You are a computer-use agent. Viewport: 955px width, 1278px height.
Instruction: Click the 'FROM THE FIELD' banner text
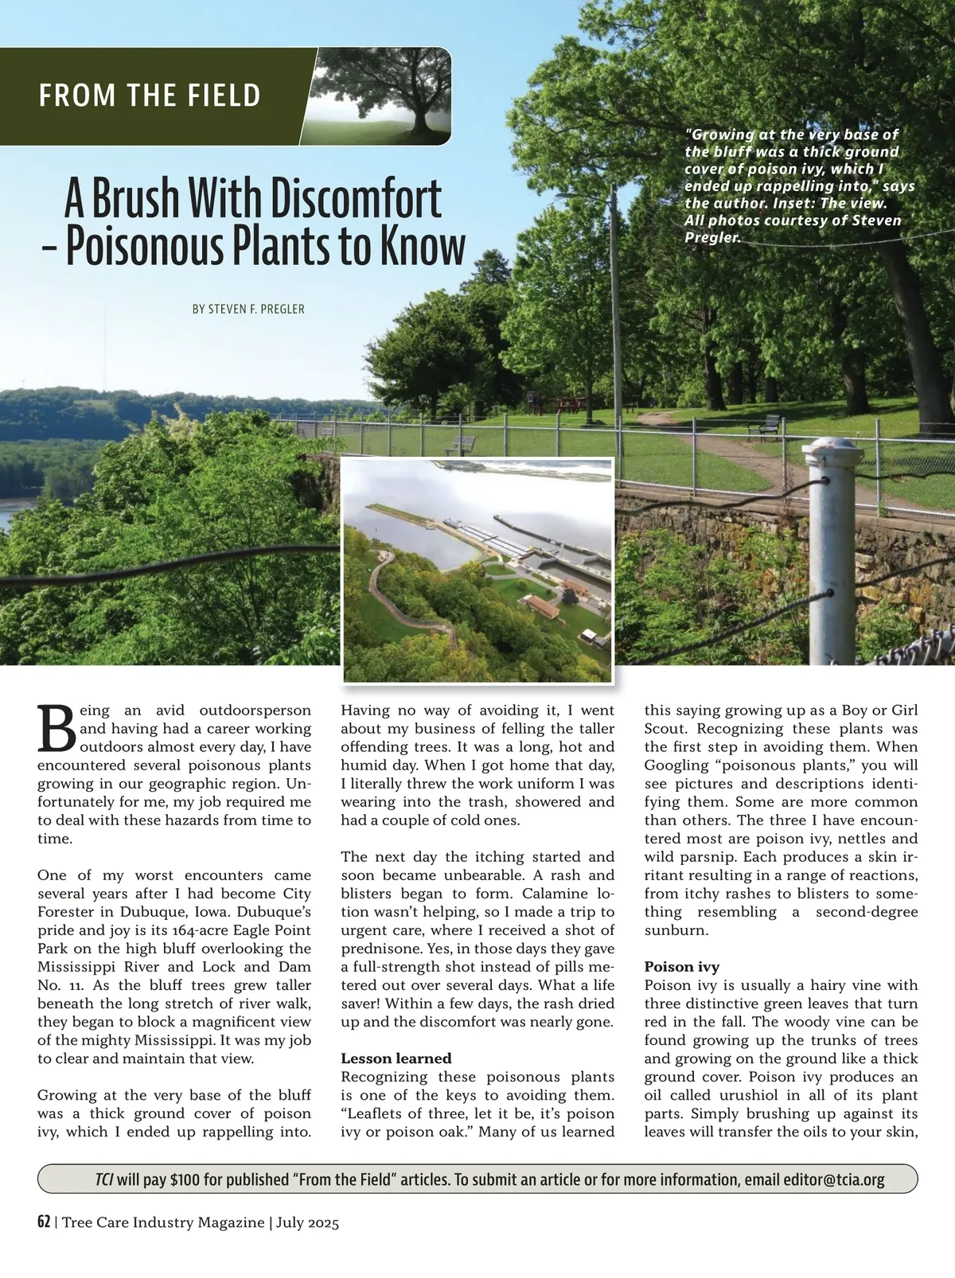150,95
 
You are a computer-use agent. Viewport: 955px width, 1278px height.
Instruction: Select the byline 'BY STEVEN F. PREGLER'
248,309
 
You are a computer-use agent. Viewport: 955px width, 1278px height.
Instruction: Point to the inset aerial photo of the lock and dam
478,570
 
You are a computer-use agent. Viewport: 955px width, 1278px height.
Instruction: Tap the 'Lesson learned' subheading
396,1058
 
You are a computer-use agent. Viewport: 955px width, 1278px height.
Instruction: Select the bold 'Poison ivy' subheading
681,967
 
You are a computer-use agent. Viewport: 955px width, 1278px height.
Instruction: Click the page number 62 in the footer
44,1222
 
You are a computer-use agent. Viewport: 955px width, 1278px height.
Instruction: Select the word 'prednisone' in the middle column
378,949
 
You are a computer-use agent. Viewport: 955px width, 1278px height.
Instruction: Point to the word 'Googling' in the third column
676,765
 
